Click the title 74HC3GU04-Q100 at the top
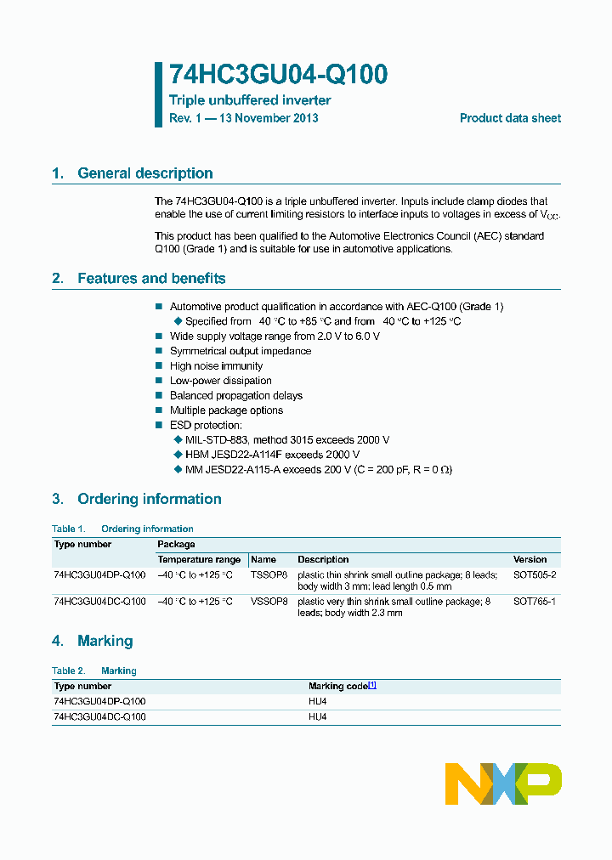pos(278,75)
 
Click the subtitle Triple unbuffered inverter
pos(250,100)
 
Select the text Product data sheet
pos(510,118)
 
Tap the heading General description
pos(144,173)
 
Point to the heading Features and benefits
pos(151,279)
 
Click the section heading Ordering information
pos(149,499)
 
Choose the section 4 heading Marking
pos(105,641)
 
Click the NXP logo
pos(503,784)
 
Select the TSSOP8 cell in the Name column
pos(269,575)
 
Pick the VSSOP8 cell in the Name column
pos(269,602)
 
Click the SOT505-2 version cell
pos(535,575)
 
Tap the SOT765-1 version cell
pos(535,602)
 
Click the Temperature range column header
pos(199,560)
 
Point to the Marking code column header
pos(338,686)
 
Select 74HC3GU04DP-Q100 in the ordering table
pos(99,575)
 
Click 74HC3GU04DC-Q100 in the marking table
pos(99,716)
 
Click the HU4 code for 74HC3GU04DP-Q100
pos(318,701)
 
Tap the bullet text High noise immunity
pos(216,366)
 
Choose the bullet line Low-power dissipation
pos(220,381)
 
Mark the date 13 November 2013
pos(269,118)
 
